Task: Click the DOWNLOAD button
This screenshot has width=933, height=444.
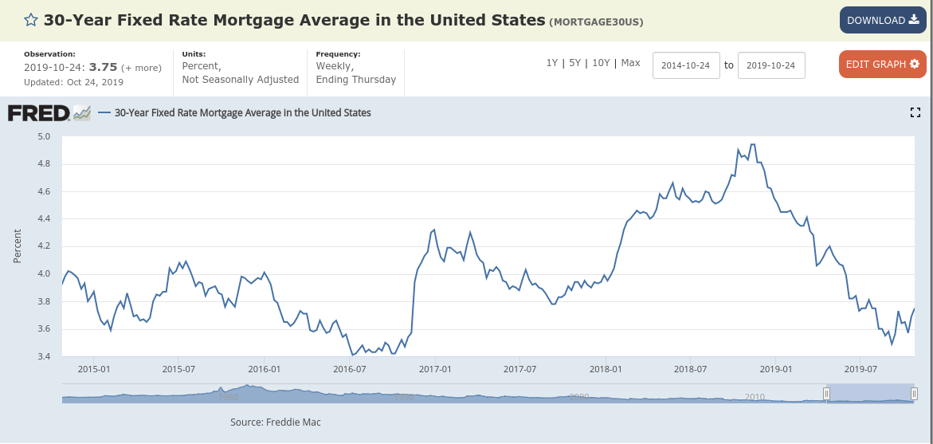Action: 882,20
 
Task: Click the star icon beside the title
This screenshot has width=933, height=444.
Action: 30,21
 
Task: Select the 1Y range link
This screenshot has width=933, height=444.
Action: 551,63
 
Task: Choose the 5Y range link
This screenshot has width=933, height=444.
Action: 574,63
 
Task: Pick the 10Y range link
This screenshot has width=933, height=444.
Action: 601,63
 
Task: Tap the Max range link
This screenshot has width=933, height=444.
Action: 630,63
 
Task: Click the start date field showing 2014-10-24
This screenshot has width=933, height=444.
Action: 686,65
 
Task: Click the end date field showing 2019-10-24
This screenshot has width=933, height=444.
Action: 771,65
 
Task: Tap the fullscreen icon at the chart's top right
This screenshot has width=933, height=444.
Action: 915,113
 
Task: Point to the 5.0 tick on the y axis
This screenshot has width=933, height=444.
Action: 44,136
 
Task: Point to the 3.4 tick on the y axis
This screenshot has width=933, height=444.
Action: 44,356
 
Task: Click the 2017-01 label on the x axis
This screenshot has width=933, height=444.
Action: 434,369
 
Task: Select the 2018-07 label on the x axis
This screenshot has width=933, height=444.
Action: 690,369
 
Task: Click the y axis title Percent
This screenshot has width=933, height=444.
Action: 18,247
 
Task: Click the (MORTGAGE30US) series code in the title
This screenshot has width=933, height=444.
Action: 595,22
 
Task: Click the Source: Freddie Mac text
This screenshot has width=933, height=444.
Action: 275,422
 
